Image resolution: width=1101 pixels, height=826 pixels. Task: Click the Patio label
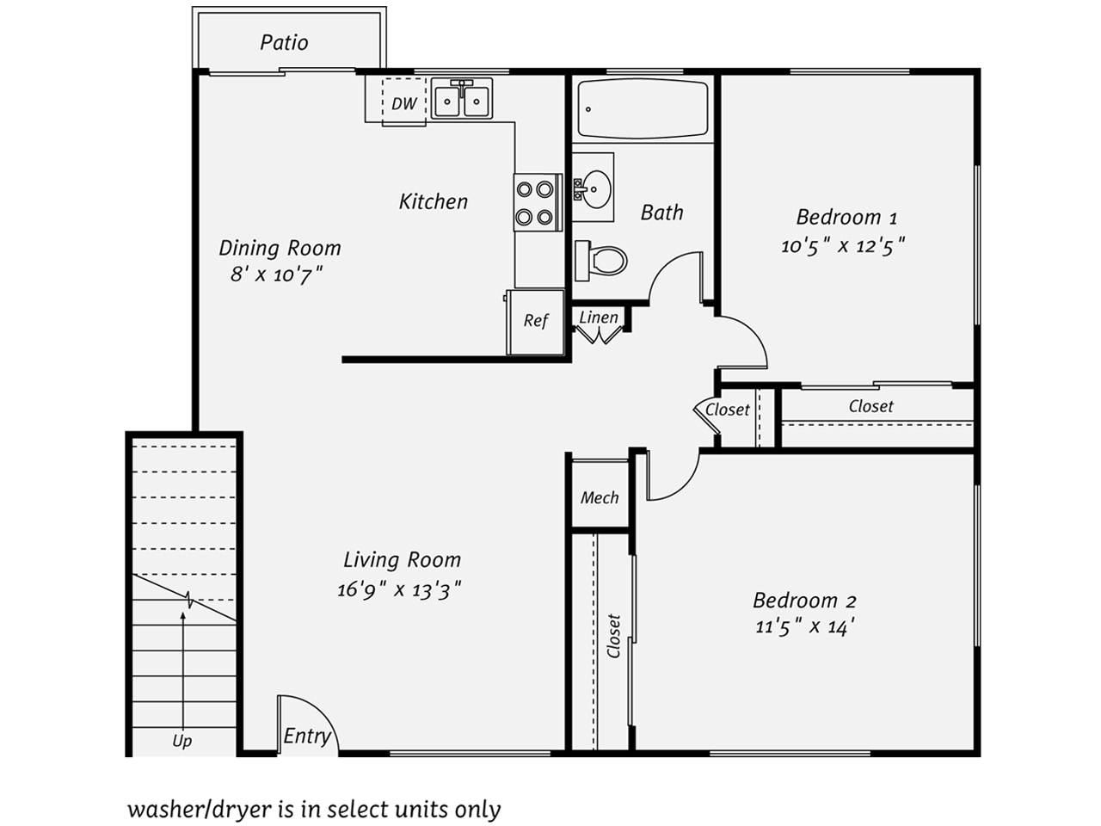click(284, 43)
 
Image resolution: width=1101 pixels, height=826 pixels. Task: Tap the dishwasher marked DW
click(403, 102)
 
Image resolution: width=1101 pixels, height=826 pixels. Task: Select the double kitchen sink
click(461, 98)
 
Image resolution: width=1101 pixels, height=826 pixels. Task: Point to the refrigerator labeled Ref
click(535, 322)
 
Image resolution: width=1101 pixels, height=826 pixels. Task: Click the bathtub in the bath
click(643, 108)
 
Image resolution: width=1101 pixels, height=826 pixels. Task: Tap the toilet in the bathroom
click(601, 261)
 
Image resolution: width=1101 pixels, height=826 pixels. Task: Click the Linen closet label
click(599, 317)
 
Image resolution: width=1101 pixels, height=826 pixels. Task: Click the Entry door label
click(307, 737)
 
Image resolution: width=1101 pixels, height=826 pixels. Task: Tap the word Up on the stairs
click(182, 741)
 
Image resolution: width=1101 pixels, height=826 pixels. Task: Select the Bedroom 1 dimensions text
click(843, 246)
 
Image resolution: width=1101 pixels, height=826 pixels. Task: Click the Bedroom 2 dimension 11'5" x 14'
click(804, 627)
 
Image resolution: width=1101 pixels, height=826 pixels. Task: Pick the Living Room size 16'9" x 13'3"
click(399, 589)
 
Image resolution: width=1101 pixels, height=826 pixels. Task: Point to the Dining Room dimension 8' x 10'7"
click(276, 274)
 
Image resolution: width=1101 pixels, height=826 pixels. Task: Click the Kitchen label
click(434, 201)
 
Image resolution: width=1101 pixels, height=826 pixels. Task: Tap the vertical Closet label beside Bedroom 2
click(613, 636)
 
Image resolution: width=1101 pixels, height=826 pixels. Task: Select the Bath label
click(662, 213)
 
